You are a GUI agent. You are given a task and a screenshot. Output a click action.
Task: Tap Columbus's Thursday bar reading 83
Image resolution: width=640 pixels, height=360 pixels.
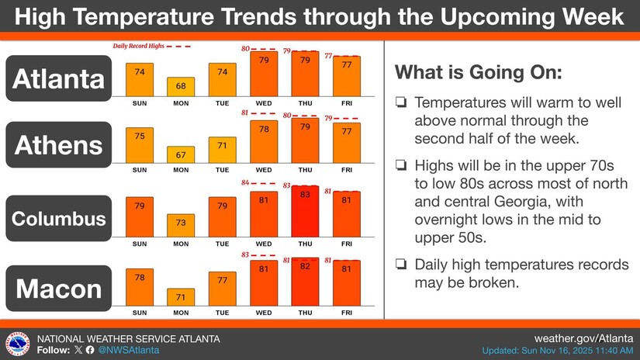[305, 209]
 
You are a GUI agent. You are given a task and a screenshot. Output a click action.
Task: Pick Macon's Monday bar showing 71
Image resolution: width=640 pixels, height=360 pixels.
[181, 297]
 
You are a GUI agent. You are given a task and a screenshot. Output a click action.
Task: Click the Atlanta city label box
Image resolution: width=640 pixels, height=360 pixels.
[59, 78]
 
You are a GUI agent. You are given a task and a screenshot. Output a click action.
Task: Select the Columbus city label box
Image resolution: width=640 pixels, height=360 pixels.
[59, 219]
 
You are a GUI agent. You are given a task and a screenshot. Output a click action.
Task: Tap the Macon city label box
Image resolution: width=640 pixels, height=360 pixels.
[59, 289]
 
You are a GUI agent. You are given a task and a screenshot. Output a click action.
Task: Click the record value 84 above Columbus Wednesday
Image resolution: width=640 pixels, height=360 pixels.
[245, 183]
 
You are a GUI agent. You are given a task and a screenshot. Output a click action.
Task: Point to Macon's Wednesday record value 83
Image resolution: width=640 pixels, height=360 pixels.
[245, 254]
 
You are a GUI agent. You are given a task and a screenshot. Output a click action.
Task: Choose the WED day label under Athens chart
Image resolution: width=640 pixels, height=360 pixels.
[264, 169]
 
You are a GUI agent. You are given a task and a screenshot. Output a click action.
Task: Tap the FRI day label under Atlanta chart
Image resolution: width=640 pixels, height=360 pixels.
[346, 102]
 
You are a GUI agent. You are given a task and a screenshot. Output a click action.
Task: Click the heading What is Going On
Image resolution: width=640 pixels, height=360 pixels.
[479, 74]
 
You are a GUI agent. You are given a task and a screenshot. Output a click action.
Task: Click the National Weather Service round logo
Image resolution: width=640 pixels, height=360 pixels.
[18, 344]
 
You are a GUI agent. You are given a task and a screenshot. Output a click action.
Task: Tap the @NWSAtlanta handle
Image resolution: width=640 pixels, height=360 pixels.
[128, 351]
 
